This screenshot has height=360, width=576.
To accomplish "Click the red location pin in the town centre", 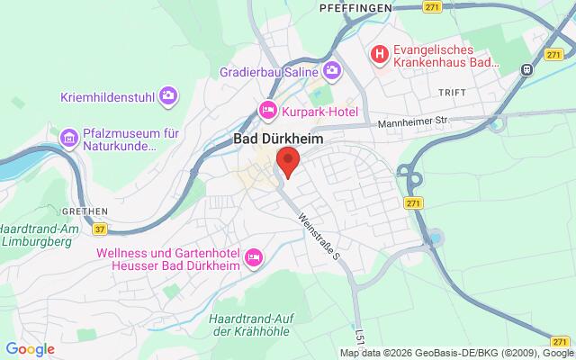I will click(x=287, y=163).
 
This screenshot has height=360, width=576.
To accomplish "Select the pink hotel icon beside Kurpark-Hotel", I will click(x=267, y=111).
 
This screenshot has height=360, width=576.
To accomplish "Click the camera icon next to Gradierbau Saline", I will click(x=333, y=69).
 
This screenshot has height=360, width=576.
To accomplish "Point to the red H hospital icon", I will click(x=382, y=56).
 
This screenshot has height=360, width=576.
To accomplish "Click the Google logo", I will click(x=30, y=349).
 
